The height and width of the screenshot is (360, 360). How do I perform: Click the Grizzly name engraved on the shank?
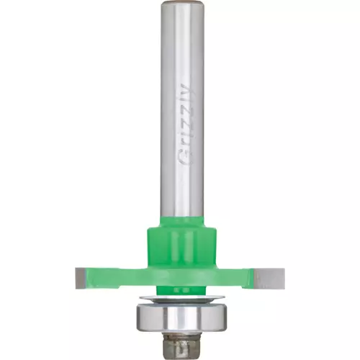[x=186, y=125]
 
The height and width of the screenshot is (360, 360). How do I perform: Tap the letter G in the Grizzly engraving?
[x=186, y=158]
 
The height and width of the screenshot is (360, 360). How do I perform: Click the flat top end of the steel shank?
[x=182, y=2]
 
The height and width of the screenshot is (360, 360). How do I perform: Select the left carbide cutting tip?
[x=80, y=279]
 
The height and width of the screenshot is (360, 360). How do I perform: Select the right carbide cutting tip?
[x=269, y=279]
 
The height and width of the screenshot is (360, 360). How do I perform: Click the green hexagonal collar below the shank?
[x=181, y=247]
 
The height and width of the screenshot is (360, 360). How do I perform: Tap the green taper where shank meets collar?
[x=182, y=222]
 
